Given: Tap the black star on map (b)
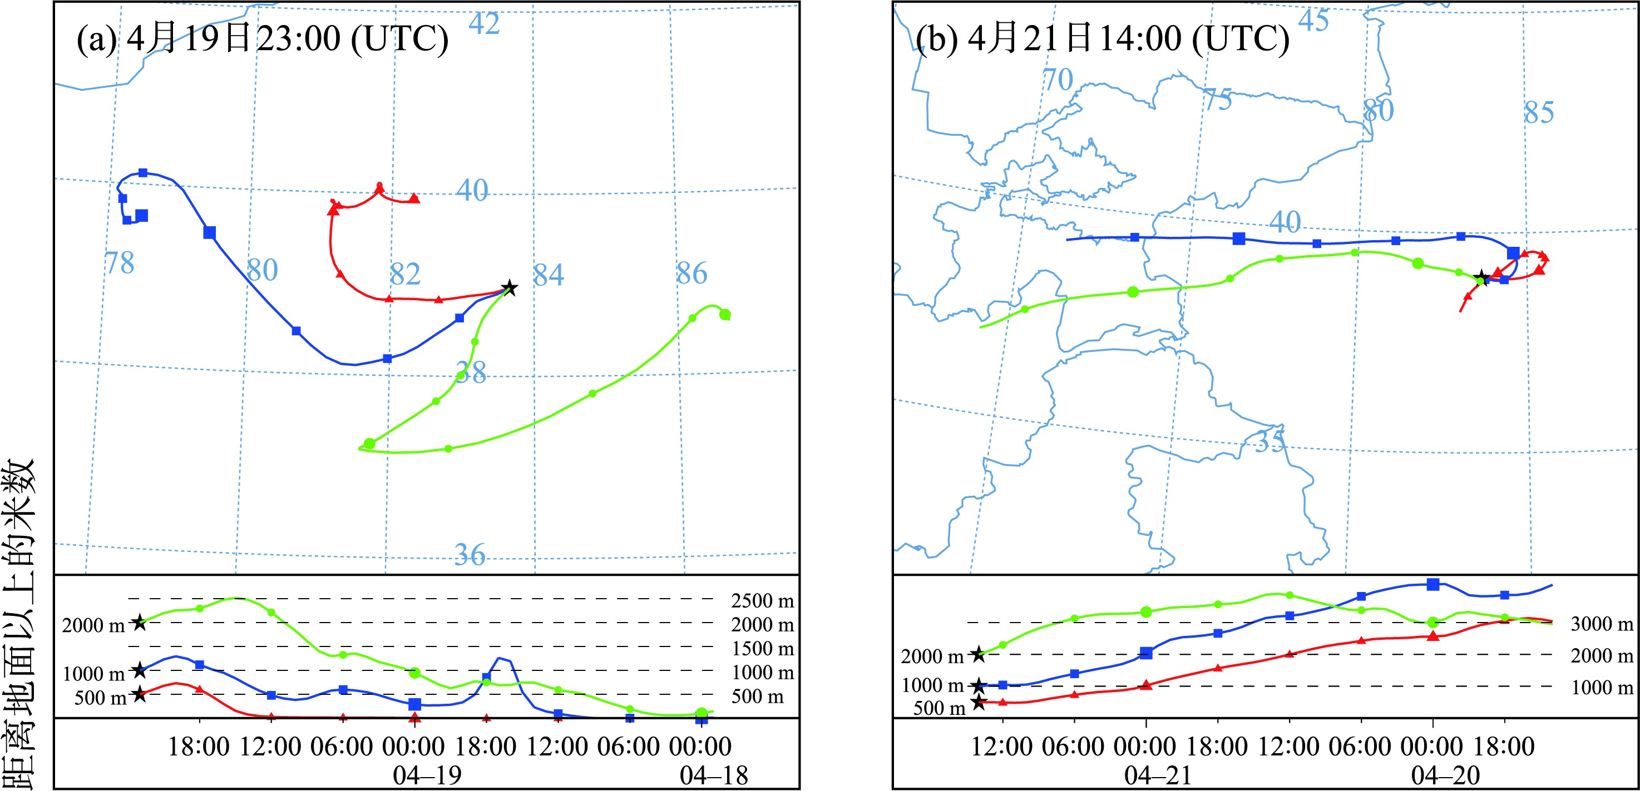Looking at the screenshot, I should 1482,277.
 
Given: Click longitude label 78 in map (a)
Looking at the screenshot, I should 120,263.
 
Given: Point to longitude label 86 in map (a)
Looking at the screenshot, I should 691,273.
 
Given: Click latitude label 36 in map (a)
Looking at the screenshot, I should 470,555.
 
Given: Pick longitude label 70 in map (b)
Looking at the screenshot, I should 1058,80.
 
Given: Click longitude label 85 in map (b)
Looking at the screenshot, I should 1539,113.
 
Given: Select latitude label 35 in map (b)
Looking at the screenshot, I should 1270,441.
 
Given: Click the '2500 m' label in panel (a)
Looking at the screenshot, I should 762,601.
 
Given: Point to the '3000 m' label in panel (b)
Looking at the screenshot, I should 1601,624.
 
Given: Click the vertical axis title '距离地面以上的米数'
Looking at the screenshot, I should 19,624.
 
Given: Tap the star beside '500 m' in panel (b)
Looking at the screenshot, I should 979,703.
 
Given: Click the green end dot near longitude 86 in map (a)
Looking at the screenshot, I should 724,315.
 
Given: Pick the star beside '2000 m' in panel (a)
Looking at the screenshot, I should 139,623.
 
